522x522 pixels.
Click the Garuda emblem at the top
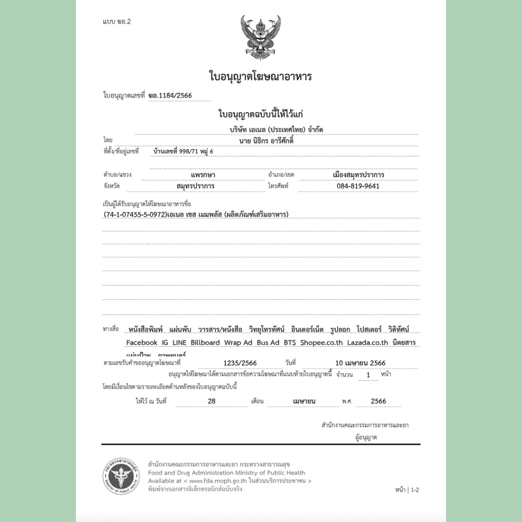tap(260, 37)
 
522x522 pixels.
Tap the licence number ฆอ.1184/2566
tap(172, 95)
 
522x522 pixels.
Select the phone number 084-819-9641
tap(358, 186)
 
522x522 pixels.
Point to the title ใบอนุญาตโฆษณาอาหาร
tap(260, 77)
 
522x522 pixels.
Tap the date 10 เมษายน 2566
tap(360, 363)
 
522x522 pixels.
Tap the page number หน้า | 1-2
tap(407, 490)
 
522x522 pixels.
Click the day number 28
tap(212, 401)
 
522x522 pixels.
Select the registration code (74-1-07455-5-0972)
tap(135, 215)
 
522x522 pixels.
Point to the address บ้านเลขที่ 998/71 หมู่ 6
tap(184, 152)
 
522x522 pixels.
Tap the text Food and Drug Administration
tap(189, 473)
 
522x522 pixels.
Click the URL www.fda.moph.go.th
tap(219, 481)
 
